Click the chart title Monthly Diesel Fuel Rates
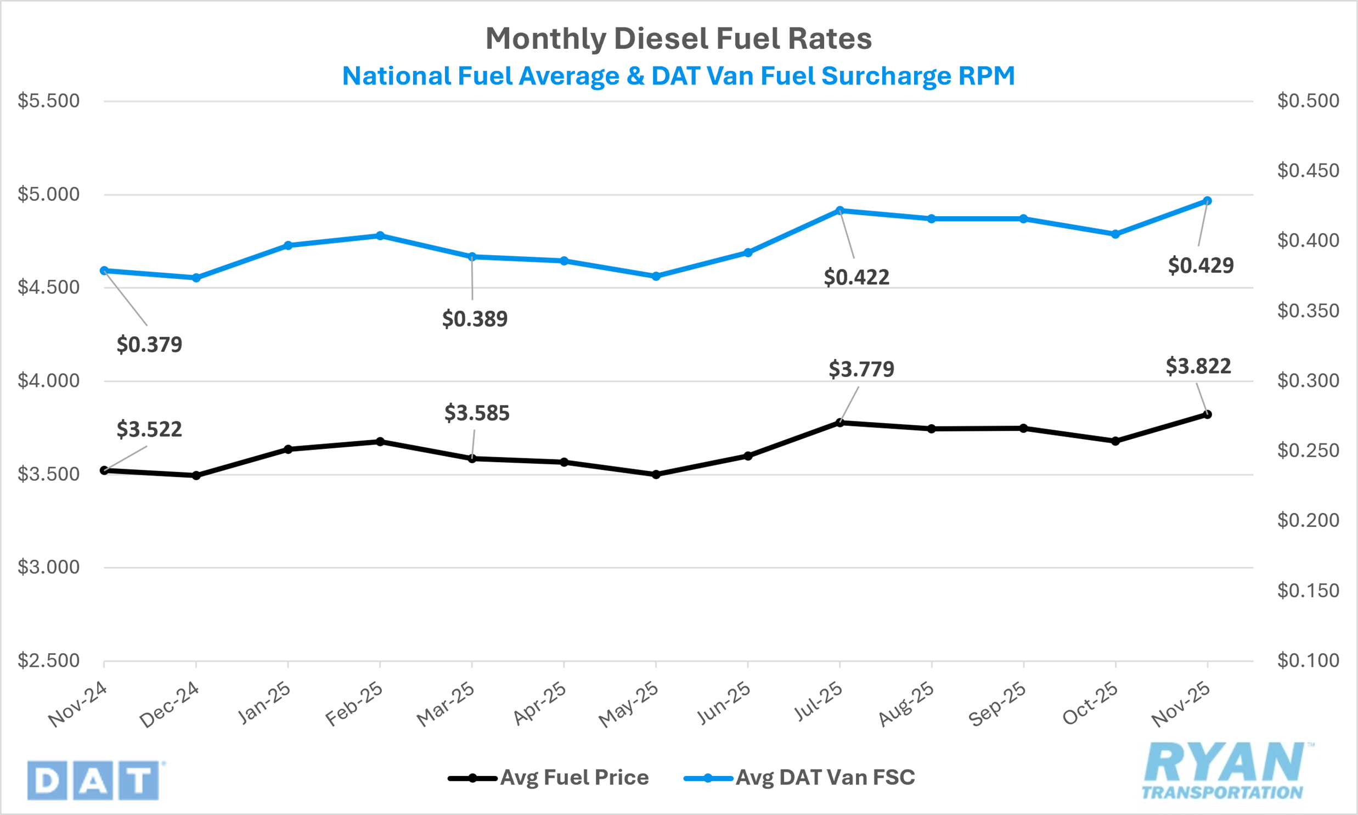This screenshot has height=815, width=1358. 678,38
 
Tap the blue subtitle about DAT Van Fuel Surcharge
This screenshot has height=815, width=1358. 678,76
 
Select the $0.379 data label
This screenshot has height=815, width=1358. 149,344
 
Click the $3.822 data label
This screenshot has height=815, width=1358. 1198,366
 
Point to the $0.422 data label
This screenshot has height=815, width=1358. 857,277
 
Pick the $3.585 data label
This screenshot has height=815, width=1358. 477,413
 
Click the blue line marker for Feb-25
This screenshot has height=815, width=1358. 380,235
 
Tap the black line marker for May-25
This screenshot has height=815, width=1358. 656,474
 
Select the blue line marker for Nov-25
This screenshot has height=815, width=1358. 1208,201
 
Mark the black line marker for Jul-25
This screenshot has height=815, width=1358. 840,423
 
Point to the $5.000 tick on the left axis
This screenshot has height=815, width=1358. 48,194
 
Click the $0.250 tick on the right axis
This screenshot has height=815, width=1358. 1308,451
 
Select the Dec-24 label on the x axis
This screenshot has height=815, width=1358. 170,705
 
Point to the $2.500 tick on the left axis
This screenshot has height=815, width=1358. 48,661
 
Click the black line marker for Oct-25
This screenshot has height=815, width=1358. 1115,441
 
